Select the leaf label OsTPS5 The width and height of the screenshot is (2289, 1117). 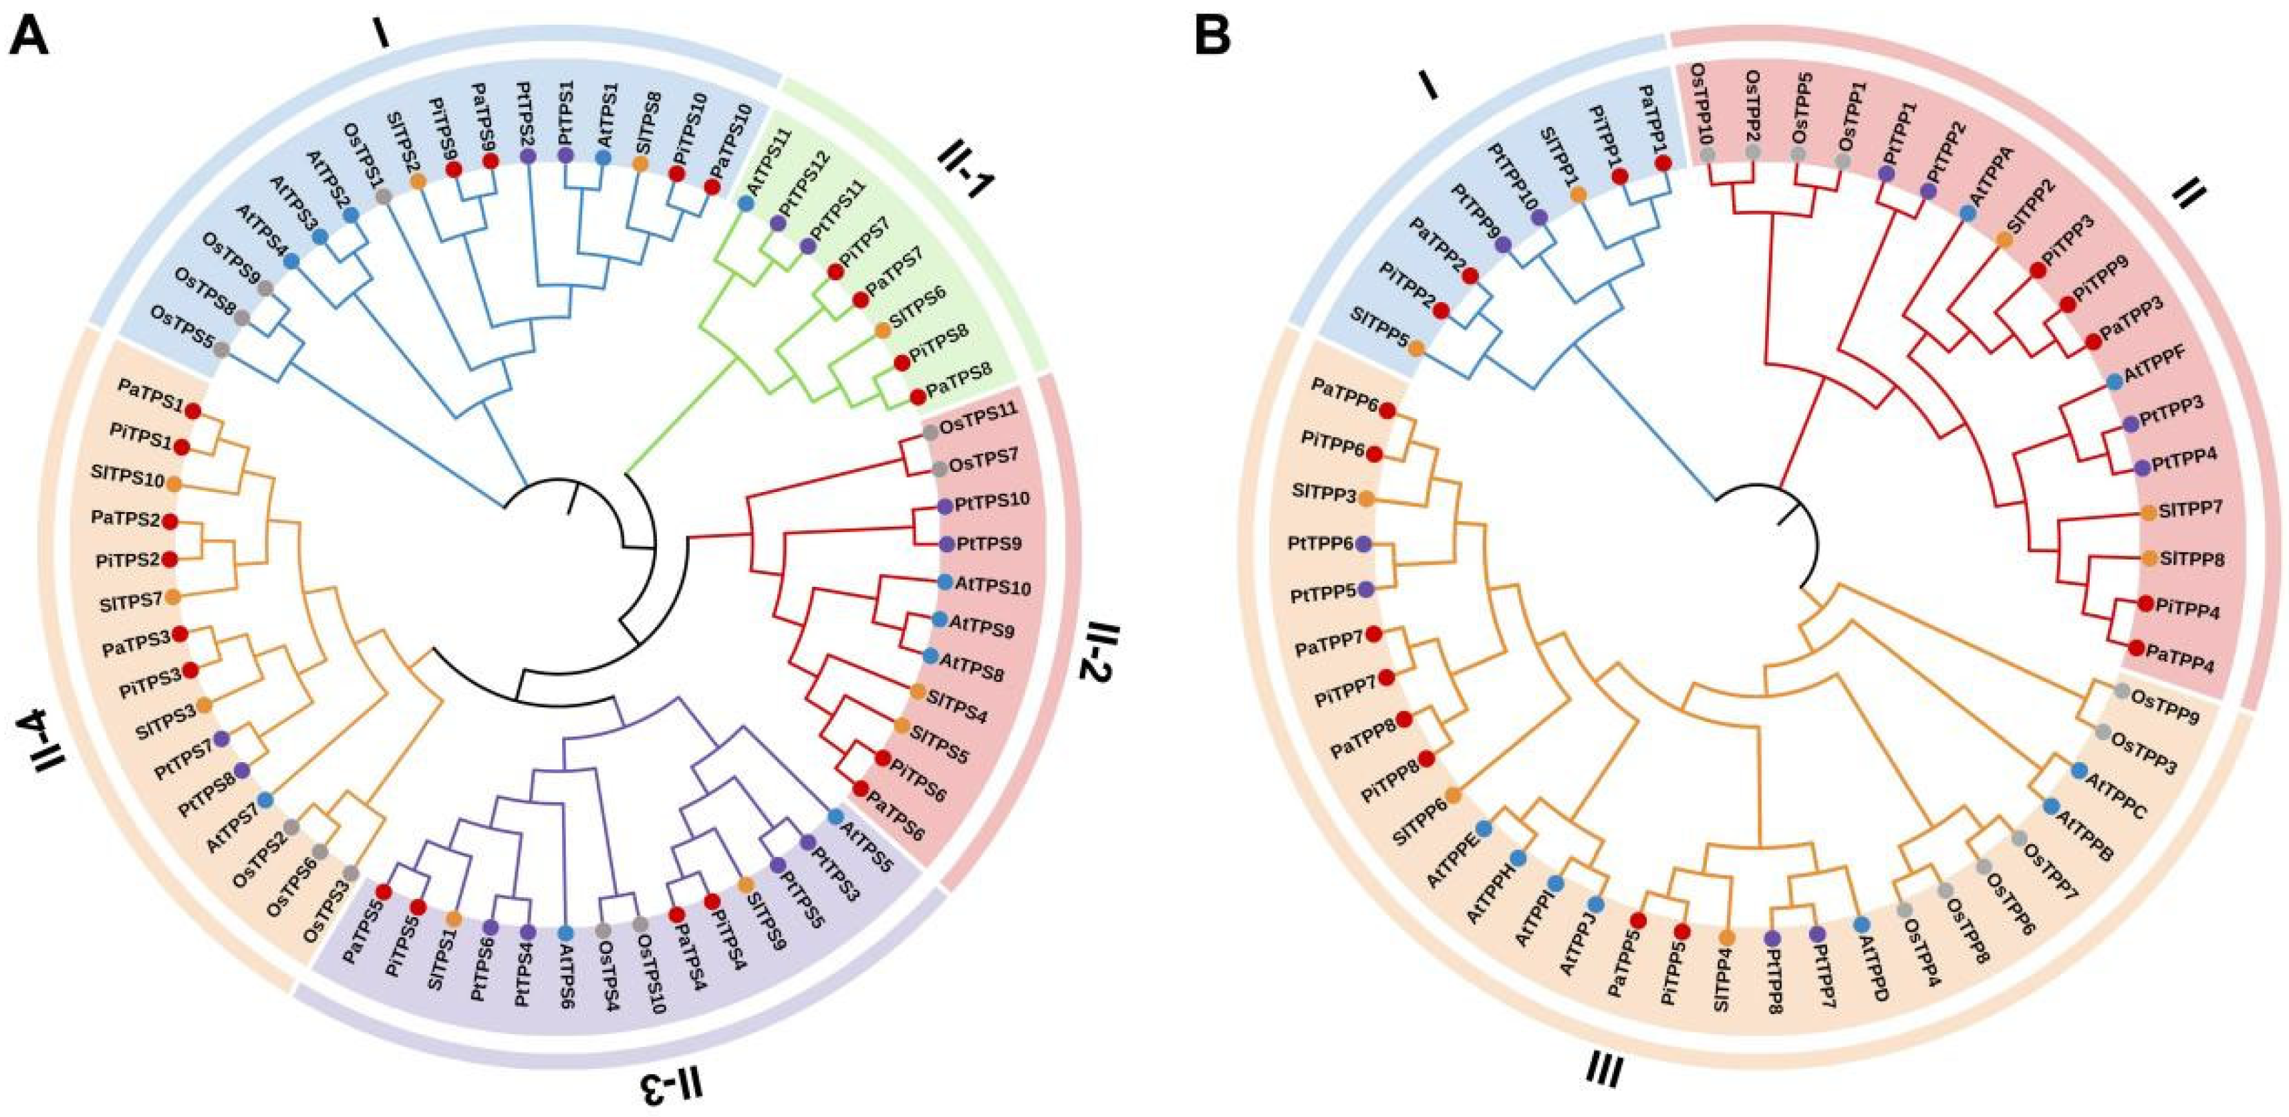[x=182, y=316]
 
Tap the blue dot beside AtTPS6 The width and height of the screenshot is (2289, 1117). [x=566, y=908]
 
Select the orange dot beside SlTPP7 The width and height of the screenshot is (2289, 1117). [x=2149, y=512]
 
